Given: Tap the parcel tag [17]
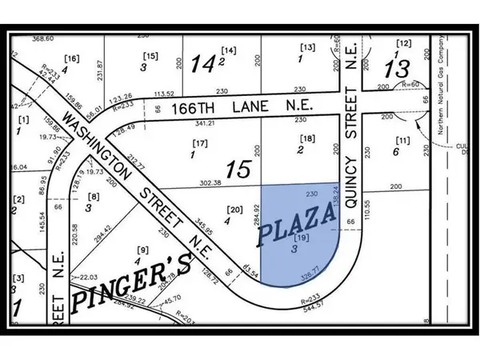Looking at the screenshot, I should tap(199, 144).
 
